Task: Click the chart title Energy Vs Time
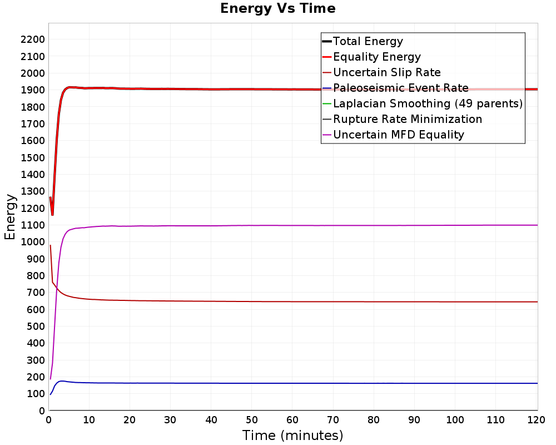(x=278, y=9)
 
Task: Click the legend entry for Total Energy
(x=368, y=41)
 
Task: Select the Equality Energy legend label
(x=376, y=57)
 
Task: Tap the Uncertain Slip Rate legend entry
(x=386, y=72)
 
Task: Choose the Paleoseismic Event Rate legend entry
(x=400, y=88)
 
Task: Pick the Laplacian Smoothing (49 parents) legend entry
(x=427, y=103)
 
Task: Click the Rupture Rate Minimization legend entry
(x=407, y=119)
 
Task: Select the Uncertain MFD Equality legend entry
(x=398, y=135)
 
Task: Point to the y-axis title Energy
(x=9, y=216)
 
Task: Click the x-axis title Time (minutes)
(x=292, y=435)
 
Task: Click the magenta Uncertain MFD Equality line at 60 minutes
(x=292, y=225)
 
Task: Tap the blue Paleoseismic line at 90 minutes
(x=415, y=383)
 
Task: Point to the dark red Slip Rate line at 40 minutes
(x=211, y=301)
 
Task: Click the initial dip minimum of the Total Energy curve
(x=52, y=215)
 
